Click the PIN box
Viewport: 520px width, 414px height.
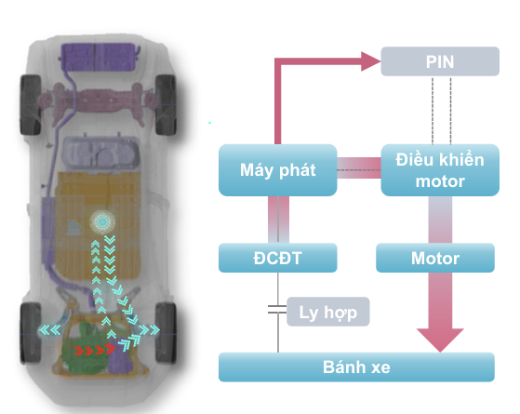[440, 61]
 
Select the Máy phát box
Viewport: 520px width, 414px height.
[278, 170]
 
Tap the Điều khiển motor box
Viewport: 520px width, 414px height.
[440, 170]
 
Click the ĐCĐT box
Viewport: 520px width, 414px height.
[278, 258]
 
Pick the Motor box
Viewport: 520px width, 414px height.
[435, 258]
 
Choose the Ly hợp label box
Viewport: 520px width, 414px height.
[328, 312]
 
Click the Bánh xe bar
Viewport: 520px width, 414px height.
[356, 367]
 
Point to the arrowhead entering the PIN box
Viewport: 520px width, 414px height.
[371, 61]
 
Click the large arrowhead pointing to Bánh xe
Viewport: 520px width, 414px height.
[440, 340]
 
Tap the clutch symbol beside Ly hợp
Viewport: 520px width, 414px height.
[277, 309]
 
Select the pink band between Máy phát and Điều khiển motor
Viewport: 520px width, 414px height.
[359, 167]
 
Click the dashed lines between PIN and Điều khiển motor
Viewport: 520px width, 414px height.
[442, 110]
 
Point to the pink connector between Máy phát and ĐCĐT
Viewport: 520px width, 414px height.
[278, 220]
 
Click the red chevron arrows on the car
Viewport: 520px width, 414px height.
[95, 350]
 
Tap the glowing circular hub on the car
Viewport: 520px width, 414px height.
[102, 221]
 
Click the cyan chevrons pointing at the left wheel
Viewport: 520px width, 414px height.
[49, 330]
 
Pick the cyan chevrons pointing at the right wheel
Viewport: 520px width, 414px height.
[149, 329]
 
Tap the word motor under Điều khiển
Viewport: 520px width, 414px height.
[440, 181]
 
